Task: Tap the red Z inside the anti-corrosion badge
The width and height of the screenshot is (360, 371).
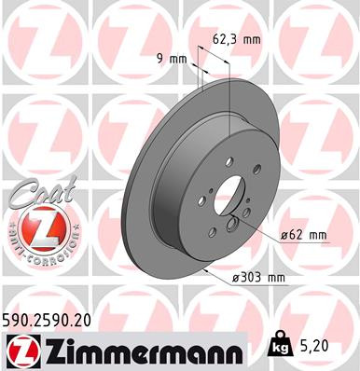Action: [x=35, y=228]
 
